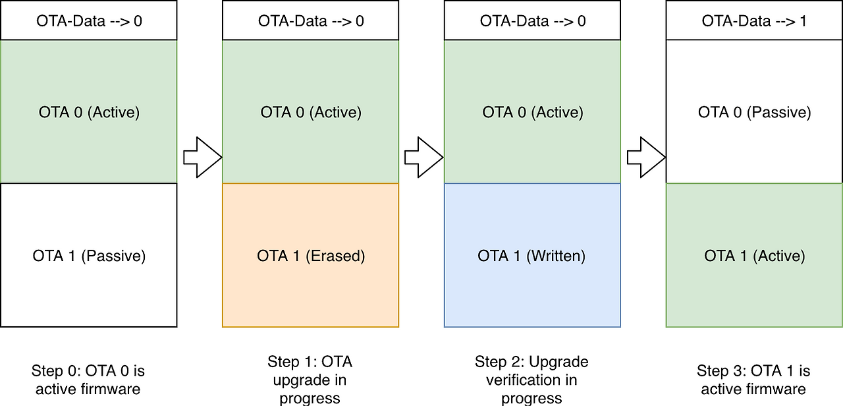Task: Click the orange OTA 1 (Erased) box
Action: [x=310, y=255]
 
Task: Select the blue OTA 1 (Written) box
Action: [x=532, y=255]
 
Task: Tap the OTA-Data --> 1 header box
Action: [x=754, y=20]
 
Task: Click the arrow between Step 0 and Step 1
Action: [x=202, y=157]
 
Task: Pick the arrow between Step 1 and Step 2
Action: [x=423, y=157]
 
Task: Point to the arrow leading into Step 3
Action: [x=646, y=157]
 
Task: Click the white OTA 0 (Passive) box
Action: [x=754, y=111]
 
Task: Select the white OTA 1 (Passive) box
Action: [x=89, y=255]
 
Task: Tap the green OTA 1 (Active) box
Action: [x=754, y=255]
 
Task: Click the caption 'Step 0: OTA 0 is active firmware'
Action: [x=88, y=380]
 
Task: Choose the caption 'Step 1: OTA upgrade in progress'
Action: [x=310, y=380]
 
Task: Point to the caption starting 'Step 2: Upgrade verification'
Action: [x=531, y=380]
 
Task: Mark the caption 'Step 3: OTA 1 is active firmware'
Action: [x=753, y=380]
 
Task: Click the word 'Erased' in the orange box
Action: [x=335, y=256]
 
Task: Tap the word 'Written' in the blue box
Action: [x=556, y=256]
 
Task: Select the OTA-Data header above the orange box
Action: [x=310, y=20]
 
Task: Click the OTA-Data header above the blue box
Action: [x=532, y=20]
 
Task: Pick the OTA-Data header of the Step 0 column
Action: [x=89, y=20]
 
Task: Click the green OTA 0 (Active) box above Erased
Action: [x=310, y=111]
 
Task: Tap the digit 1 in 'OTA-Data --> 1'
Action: [x=803, y=20]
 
